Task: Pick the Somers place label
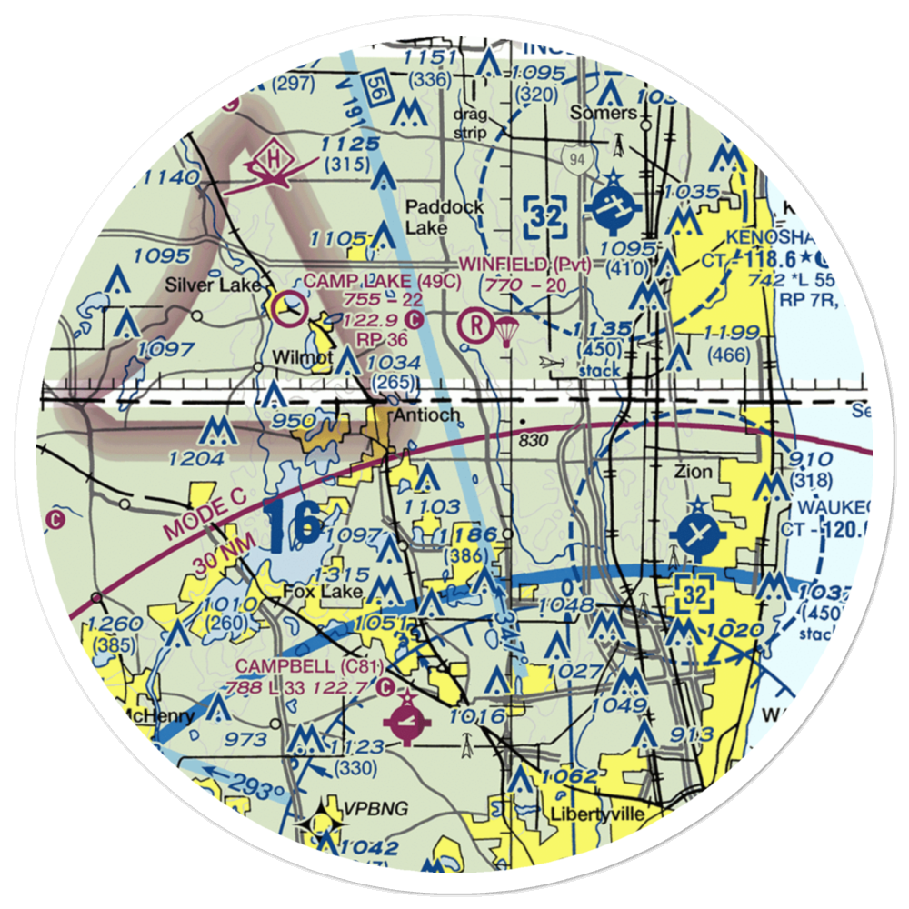tap(603, 113)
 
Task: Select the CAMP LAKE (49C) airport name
tap(370, 282)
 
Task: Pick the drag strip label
tap(471, 124)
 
